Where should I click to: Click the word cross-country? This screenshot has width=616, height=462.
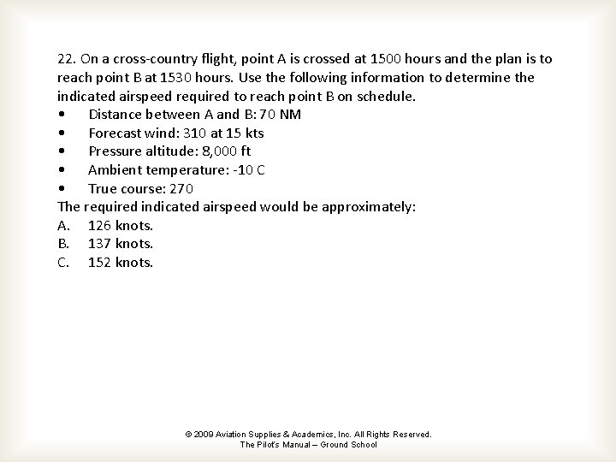pos(163,59)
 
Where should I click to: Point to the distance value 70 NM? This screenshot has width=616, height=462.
pos(278,115)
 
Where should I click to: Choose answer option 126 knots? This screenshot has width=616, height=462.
pos(121,225)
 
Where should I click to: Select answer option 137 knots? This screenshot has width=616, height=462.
pos(121,244)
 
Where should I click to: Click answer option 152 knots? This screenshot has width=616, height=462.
pos(121,262)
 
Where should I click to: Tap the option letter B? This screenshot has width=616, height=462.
pos(62,244)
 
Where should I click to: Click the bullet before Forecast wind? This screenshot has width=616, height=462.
pos(62,133)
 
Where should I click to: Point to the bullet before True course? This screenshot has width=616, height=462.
pos(62,189)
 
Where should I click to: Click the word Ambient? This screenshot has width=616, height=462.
pos(117,169)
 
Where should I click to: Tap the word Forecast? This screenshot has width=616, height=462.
pos(117,133)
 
